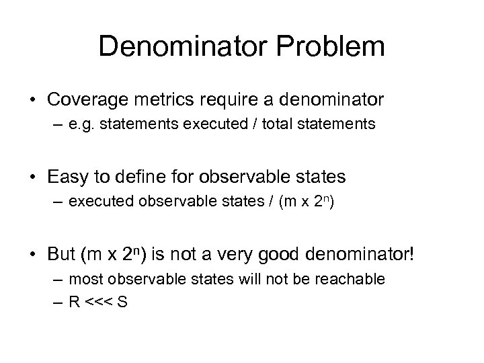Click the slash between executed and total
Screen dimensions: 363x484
point(257,124)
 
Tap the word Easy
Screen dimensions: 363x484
point(65,177)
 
